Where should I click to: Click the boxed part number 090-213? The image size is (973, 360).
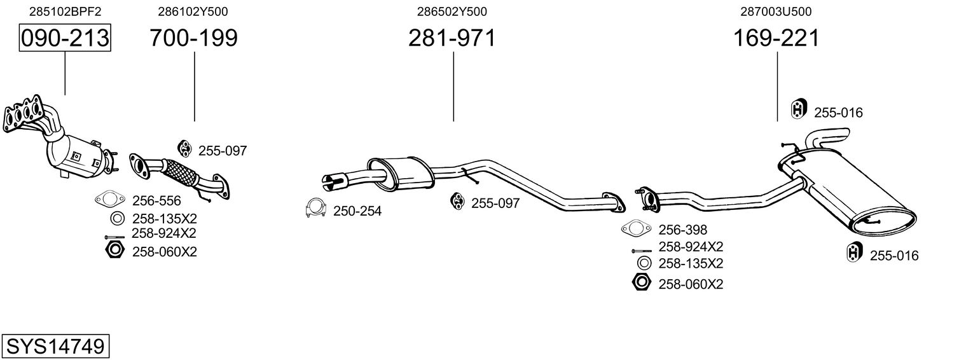pyautogui.click(x=65, y=38)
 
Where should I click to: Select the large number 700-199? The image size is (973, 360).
pyautogui.click(x=193, y=38)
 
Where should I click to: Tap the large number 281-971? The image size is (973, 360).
pyautogui.click(x=452, y=38)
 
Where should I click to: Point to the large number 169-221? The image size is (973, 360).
pyautogui.click(x=776, y=38)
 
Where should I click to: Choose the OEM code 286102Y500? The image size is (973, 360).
pyautogui.click(x=193, y=11)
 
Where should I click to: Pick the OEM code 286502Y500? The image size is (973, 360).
pyautogui.click(x=452, y=11)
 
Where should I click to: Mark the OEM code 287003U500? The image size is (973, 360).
pyautogui.click(x=776, y=11)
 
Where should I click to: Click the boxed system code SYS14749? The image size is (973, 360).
pyautogui.click(x=55, y=346)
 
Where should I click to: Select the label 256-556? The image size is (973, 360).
pyautogui.click(x=156, y=200)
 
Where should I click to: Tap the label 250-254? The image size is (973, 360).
pyautogui.click(x=357, y=211)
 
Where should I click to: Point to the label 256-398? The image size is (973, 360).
pyautogui.click(x=683, y=230)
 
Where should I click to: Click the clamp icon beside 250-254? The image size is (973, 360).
pyautogui.click(x=315, y=209)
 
